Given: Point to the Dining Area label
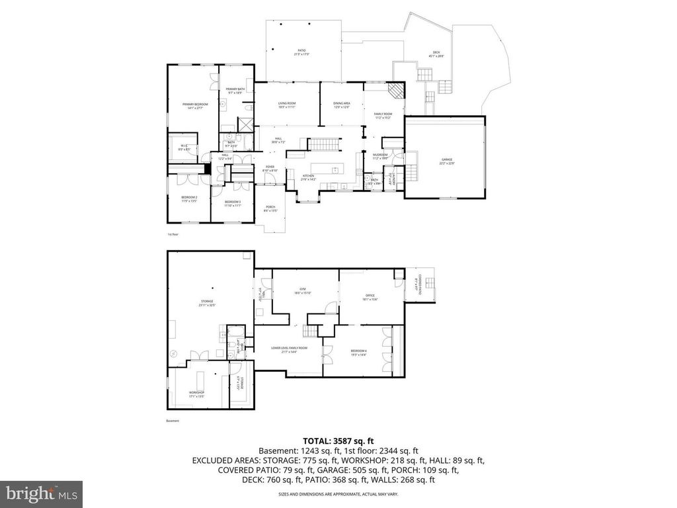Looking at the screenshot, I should point(341,105).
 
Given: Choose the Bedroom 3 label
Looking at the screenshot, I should point(232,203).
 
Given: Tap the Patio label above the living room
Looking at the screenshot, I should point(301,52).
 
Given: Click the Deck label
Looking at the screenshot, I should point(436,55).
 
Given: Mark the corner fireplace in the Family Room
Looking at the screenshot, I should point(395,91).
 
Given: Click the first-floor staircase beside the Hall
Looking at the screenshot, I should point(319,144).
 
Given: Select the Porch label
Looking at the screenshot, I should point(270,209).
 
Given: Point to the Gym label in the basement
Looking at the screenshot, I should point(303,290).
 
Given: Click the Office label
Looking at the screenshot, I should point(370,297).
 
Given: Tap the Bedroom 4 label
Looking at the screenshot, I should point(358,353).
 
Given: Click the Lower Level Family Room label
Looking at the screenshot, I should point(289,349).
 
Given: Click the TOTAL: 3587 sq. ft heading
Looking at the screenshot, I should point(338,440).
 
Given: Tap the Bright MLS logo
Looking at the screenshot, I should point(41,493).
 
